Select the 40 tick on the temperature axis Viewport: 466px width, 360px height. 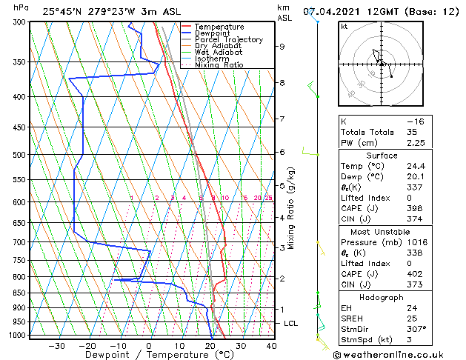tap(271, 345)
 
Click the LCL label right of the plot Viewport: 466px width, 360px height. tap(291, 324)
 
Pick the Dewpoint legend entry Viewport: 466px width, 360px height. tap(213, 33)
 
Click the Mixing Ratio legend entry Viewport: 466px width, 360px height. tap(219, 65)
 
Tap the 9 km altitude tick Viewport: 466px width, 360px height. tap(282, 46)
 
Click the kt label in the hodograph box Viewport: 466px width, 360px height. tap(344, 27)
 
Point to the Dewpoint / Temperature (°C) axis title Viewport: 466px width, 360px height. tap(148, 356)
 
